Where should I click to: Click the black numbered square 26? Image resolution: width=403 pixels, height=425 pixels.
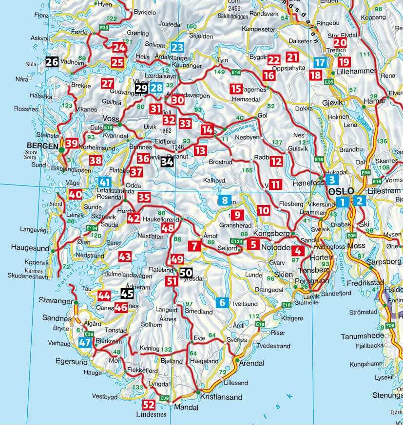coord(52,61)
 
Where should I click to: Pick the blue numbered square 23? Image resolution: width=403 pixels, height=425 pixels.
coord(177,48)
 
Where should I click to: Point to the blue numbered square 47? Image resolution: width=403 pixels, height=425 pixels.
coord(85,342)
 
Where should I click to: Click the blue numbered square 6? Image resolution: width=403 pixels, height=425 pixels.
coord(222,302)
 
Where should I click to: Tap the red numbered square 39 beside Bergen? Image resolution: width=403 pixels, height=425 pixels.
coord(72,143)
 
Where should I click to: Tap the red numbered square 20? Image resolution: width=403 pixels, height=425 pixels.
coord(340,43)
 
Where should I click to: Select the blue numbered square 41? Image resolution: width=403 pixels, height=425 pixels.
coord(105,182)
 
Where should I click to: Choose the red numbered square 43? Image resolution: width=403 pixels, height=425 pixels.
coord(125,256)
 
